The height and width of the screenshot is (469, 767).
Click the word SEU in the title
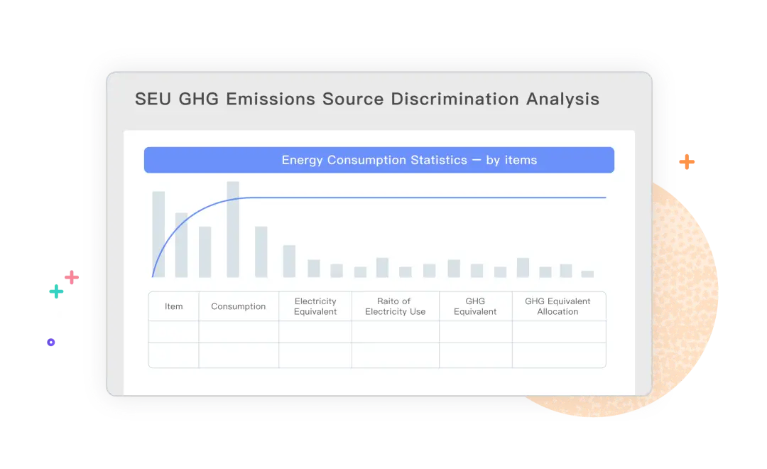click(153, 99)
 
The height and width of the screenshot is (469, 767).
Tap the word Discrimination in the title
click(455, 99)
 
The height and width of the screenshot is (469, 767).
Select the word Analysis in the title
click(562, 99)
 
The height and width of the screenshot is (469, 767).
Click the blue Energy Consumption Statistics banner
click(379, 160)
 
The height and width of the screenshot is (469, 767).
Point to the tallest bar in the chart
click(233, 229)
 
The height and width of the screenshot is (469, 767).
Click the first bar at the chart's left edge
click(158, 234)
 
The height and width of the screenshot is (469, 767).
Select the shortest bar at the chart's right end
click(587, 274)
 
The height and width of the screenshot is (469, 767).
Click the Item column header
click(174, 306)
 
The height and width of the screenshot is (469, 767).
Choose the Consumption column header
click(238, 306)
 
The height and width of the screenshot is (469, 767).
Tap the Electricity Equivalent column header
click(315, 306)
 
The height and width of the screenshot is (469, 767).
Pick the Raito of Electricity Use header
click(396, 306)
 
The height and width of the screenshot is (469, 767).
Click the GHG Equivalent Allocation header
click(558, 306)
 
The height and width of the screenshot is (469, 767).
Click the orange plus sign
click(687, 161)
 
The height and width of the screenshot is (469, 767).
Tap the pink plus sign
click(72, 278)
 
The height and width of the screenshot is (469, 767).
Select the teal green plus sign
click(56, 291)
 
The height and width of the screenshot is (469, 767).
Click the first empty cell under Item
click(174, 332)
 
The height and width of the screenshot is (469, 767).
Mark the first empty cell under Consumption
click(239, 332)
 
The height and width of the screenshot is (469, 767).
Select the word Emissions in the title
click(271, 99)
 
